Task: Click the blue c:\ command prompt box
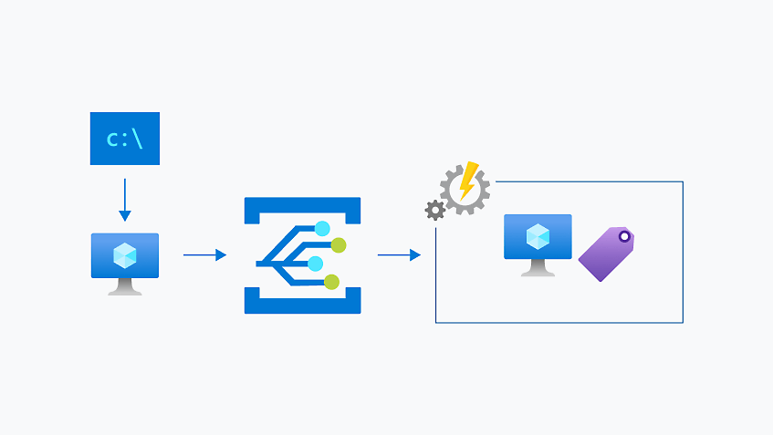(x=125, y=139)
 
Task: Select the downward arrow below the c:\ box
(x=125, y=201)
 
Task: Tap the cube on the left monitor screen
(x=125, y=256)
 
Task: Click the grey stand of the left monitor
(x=125, y=286)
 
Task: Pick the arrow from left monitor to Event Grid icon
(x=204, y=255)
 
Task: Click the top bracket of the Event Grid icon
(x=302, y=208)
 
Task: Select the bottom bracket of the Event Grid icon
(x=302, y=303)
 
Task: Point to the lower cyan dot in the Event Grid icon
(x=316, y=264)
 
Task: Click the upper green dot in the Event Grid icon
(x=339, y=244)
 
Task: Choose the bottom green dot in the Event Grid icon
(x=331, y=282)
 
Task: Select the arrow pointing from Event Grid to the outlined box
(x=399, y=255)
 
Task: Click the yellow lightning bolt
(x=468, y=181)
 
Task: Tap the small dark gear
(x=435, y=211)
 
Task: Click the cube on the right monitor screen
(x=538, y=237)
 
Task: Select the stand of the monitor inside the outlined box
(x=538, y=268)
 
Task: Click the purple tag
(x=604, y=255)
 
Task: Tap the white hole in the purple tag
(x=624, y=237)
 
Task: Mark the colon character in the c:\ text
(x=125, y=140)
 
